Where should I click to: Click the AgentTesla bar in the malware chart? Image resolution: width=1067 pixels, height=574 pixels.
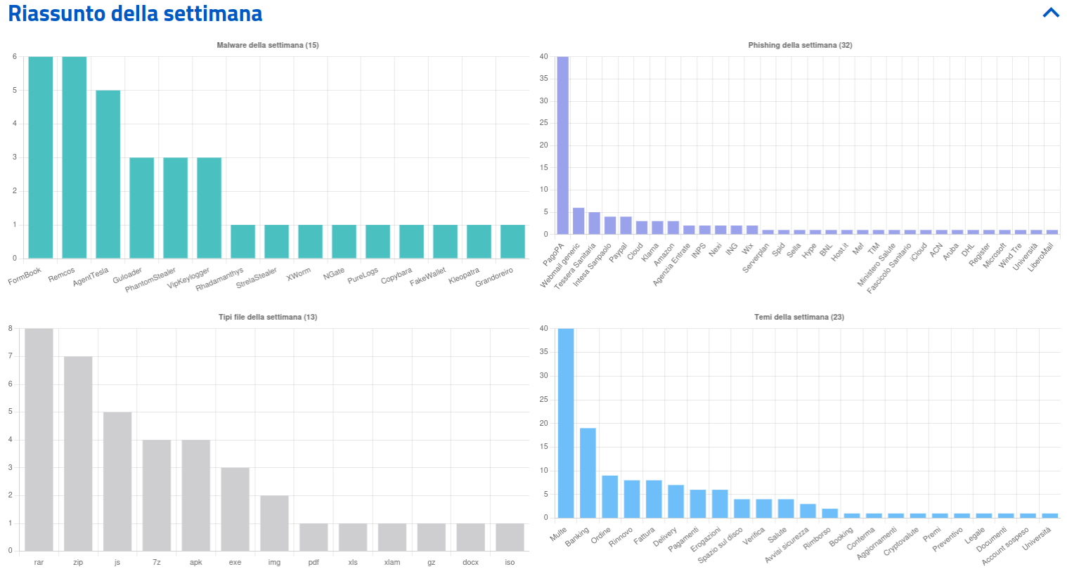108,174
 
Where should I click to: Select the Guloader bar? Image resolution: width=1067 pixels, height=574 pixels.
142,208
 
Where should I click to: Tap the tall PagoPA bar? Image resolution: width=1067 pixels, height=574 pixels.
563,145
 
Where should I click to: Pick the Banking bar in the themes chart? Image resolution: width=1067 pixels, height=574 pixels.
588,473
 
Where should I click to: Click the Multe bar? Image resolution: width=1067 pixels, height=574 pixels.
566,423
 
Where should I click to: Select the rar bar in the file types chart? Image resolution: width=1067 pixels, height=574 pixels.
39,440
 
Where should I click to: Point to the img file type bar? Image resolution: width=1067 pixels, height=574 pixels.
274,523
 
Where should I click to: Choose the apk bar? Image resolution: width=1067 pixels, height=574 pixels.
196,495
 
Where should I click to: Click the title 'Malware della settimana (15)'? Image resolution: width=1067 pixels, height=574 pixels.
268,45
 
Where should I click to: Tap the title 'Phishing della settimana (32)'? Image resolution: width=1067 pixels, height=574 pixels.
800,45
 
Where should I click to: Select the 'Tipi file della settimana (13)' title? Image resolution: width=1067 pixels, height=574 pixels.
268,317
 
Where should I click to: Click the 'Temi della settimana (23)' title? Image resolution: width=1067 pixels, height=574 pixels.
799,317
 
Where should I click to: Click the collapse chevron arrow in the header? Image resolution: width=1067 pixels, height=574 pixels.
1051,13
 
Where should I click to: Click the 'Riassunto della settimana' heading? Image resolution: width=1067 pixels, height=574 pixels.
135,13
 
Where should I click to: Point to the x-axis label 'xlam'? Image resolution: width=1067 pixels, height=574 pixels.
392,562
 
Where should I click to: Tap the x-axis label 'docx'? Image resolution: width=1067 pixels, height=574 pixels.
471,562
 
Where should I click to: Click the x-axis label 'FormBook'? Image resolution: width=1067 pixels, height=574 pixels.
25,276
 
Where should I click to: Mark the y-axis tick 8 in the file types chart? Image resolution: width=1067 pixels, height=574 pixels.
11,328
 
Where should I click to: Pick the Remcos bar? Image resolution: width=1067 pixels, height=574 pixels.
75,157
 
